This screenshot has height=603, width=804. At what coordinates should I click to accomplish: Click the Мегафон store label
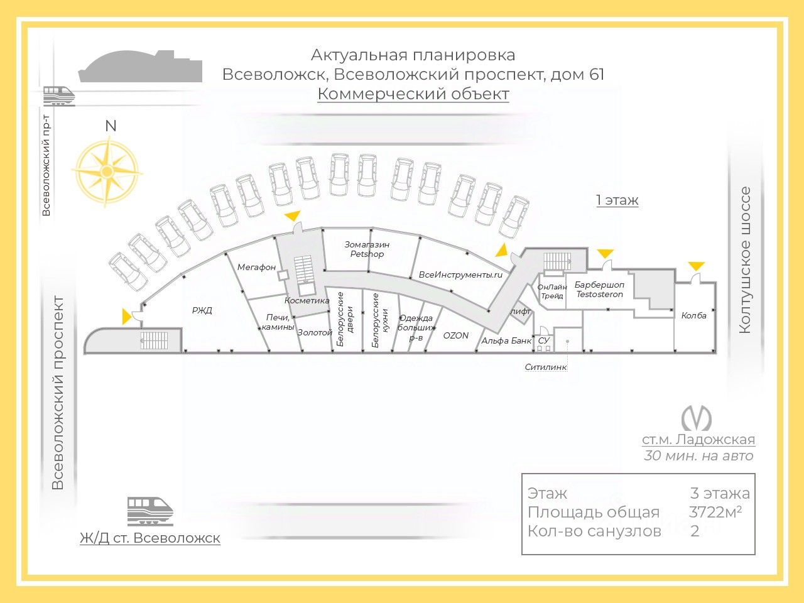point(256,267)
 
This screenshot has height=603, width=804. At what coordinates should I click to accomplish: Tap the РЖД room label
point(202,310)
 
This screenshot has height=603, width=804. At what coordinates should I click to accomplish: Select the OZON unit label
point(455,335)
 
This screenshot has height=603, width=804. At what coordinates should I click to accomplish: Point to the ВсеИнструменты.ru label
point(461,274)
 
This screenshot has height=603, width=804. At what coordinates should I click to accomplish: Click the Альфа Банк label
point(506,340)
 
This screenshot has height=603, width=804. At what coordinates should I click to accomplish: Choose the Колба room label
point(693,315)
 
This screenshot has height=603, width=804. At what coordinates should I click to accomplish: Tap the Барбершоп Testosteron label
point(599,290)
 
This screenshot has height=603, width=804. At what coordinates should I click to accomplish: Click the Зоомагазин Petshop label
point(367,249)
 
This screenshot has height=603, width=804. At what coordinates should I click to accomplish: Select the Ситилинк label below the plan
point(546,367)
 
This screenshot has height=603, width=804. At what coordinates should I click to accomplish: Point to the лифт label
point(521,311)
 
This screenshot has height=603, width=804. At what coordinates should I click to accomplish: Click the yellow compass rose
point(107,171)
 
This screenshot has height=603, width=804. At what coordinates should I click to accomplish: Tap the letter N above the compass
point(111,126)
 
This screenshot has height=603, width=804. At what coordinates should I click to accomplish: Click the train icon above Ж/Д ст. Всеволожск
point(149,510)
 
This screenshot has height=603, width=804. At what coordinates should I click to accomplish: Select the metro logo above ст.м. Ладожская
point(697,418)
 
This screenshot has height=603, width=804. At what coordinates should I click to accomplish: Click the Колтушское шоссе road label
point(745,260)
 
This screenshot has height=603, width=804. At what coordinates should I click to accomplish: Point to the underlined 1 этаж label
point(617,200)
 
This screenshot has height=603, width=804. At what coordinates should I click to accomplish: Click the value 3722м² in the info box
point(715,512)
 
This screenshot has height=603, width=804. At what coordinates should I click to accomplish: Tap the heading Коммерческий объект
point(413,94)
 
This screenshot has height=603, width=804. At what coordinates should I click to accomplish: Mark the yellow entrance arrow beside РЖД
point(128,317)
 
